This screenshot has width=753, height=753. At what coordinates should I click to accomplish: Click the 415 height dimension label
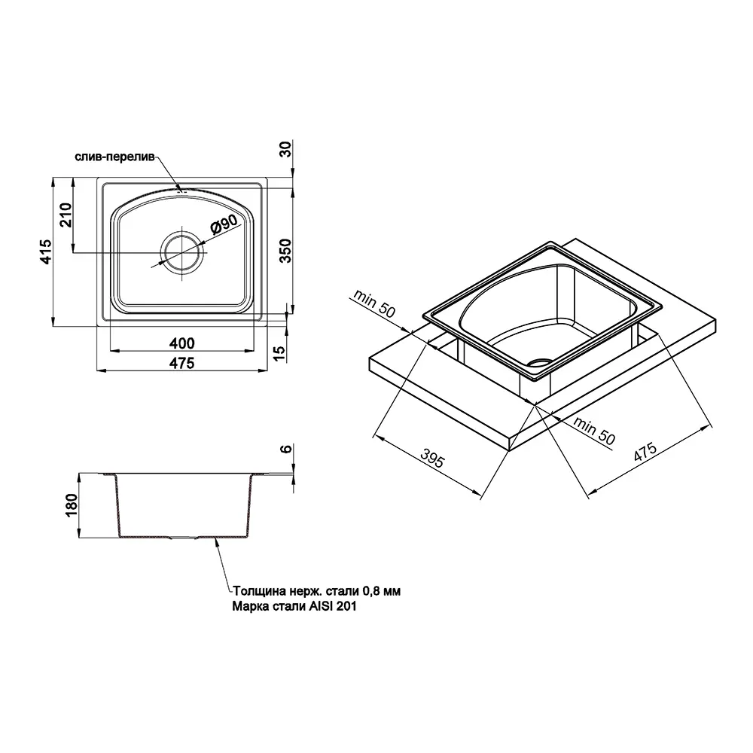click(x=46, y=252)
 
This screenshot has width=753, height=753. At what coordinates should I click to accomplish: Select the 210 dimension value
click(x=66, y=215)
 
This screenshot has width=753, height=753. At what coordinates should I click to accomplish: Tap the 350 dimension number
click(x=285, y=250)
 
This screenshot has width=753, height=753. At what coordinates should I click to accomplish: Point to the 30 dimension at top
click(x=285, y=149)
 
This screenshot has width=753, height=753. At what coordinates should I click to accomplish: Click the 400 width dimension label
click(x=182, y=343)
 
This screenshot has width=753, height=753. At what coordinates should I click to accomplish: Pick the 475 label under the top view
click(x=182, y=363)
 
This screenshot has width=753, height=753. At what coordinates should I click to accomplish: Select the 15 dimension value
click(x=279, y=353)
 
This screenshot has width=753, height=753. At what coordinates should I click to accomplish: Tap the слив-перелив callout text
click(x=114, y=157)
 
